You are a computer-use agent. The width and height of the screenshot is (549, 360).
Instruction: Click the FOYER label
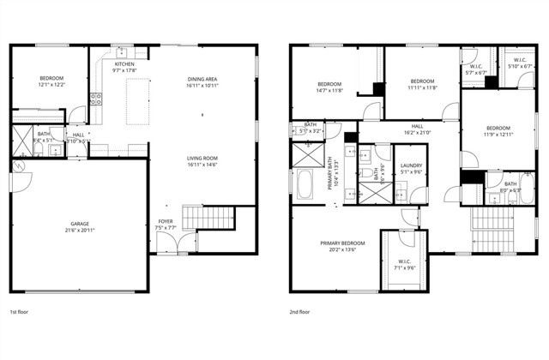point(166,225)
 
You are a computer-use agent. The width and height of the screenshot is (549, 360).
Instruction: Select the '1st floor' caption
point(19,312)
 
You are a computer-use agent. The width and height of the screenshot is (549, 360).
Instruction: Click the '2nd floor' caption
point(300,312)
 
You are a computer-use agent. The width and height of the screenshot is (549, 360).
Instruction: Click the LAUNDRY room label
point(411,168)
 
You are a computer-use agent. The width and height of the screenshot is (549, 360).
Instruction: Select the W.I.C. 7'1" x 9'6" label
point(406,264)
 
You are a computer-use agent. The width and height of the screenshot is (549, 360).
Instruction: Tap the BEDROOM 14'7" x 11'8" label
point(330,87)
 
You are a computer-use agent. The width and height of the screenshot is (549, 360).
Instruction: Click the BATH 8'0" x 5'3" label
point(510,188)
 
